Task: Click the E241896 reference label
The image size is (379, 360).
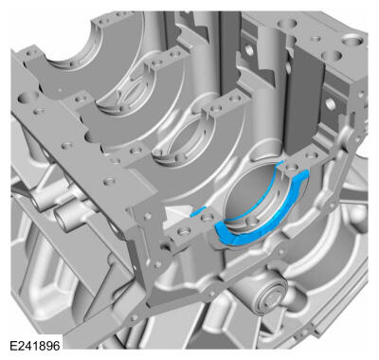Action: coord(35,346)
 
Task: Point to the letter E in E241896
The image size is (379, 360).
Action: coord(13,346)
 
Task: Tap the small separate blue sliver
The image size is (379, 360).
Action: coord(198,211)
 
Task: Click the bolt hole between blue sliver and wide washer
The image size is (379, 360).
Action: coord(208,217)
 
